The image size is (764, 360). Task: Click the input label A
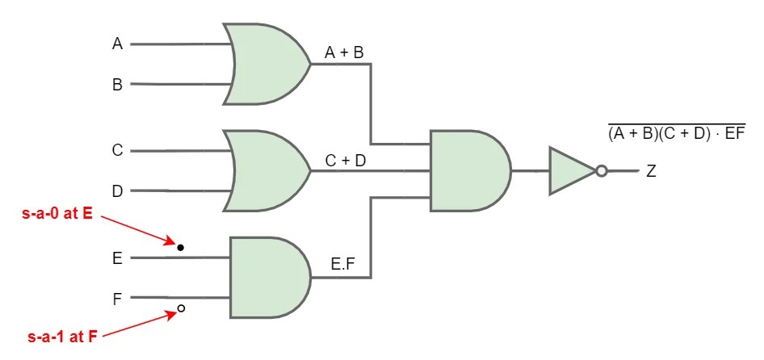(117, 44)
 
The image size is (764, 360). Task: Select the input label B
(117, 84)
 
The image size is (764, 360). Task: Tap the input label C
(117, 151)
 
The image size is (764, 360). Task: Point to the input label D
(117, 191)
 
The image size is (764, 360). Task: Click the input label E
(117, 258)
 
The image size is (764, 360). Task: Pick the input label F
(117, 299)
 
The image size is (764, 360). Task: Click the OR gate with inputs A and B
(267, 64)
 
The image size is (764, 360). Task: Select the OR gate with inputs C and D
(267, 171)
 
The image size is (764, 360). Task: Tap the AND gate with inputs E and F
(269, 278)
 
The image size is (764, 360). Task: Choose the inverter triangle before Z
(570, 171)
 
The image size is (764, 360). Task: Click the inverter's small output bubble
(600, 171)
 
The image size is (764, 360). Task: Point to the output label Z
(651, 172)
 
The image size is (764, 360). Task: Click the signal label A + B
(344, 52)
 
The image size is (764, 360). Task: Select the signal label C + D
(345, 161)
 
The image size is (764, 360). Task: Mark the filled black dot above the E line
(181, 247)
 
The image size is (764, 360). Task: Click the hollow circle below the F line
(181, 308)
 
